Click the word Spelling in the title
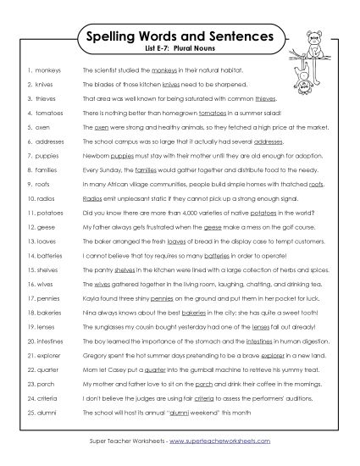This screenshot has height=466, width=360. click(x=115, y=37)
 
